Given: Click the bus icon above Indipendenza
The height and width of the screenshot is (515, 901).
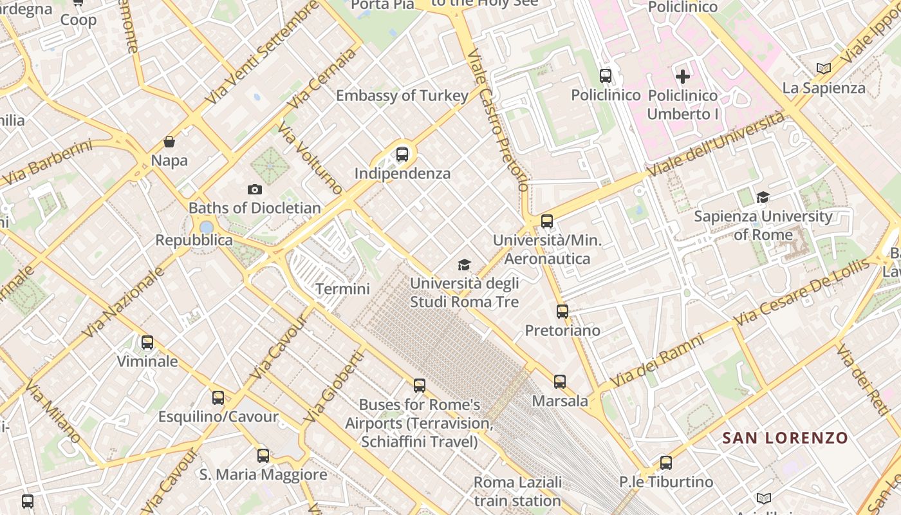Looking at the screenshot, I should [x=402, y=154].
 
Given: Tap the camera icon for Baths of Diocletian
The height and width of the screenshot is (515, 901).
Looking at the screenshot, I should [x=255, y=189].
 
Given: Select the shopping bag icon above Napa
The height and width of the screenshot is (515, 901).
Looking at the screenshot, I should [x=169, y=142].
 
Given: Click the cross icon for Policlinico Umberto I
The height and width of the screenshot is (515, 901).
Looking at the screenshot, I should [x=682, y=77].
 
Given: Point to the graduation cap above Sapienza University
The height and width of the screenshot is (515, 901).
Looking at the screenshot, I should [x=763, y=198].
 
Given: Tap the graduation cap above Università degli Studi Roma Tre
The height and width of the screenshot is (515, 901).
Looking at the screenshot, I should [x=464, y=265].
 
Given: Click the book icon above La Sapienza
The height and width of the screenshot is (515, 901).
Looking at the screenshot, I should [x=823, y=68].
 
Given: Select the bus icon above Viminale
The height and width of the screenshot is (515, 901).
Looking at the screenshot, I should [x=147, y=342].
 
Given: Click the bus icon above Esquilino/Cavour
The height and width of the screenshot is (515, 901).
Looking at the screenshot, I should [x=218, y=398].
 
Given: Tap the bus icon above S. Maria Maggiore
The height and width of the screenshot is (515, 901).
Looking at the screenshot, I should [x=263, y=456].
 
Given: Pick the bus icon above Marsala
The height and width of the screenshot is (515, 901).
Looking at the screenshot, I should [x=560, y=382].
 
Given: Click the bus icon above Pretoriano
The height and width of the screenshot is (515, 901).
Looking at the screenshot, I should [x=562, y=312].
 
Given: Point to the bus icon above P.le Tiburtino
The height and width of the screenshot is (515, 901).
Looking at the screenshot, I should [x=666, y=463].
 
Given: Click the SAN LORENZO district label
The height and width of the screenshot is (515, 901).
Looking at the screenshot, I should [x=785, y=438].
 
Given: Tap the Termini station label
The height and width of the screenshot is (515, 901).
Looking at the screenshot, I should [x=342, y=289].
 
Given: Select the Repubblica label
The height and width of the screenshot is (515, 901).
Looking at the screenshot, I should [x=194, y=240].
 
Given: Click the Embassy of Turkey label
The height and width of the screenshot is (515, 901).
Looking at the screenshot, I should [x=402, y=96].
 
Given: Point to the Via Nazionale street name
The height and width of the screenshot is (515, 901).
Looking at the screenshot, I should [x=124, y=303].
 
